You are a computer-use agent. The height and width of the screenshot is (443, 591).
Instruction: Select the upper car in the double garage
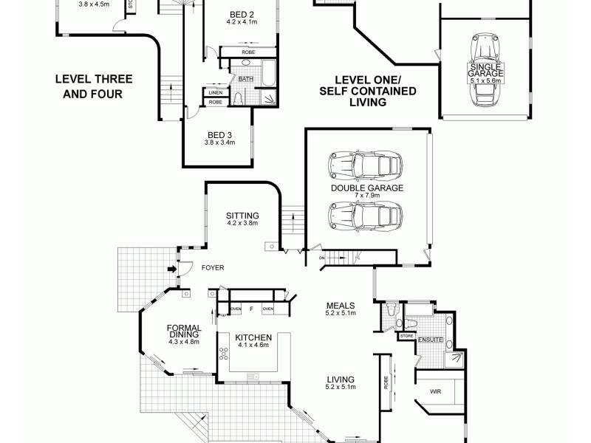coord(366,165)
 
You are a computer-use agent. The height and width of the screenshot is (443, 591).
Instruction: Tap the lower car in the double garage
coord(366,216)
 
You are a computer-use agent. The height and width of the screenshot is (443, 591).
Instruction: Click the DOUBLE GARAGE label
coord(366,189)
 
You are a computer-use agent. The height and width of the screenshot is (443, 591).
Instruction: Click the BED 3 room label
coord(219,135)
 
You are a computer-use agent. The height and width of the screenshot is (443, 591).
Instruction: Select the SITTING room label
coord(242,216)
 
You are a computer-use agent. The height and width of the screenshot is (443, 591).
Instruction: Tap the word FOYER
coord(212,268)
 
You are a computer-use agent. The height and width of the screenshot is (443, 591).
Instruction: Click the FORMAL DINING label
coord(184,332)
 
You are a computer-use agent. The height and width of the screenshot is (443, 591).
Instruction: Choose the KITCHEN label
coord(253,337)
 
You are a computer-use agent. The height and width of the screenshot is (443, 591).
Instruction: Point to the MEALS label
coord(341,305)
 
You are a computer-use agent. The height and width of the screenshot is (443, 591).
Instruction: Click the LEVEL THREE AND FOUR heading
coord(87,85)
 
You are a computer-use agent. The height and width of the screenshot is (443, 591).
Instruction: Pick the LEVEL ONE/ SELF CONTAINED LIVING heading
coord(367,91)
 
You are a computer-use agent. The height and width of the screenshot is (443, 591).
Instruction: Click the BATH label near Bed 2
coord(245,78)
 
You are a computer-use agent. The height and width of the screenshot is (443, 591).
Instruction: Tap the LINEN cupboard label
coord(215,92)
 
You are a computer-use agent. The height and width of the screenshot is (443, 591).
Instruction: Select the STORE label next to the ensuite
coord(406,337)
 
